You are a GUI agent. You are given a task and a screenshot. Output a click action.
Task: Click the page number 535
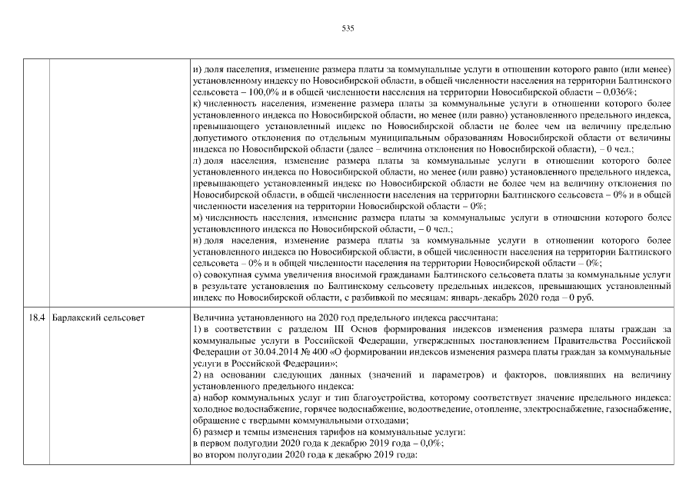348,28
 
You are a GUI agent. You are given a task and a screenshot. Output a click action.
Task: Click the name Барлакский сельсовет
94,316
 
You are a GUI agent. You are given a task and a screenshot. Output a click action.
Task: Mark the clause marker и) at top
197,69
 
